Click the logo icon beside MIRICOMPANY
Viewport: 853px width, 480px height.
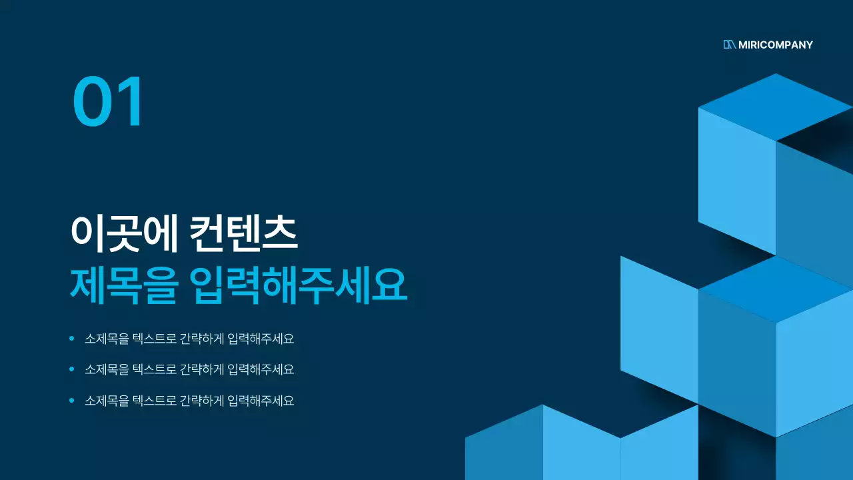729,45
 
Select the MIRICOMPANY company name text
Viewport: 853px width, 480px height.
776,45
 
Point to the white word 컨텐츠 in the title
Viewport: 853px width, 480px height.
243,233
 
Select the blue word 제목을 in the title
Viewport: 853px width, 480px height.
124,285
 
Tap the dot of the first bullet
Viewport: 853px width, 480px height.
72,339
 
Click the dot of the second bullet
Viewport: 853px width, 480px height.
72,369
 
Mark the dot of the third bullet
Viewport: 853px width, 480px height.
72,401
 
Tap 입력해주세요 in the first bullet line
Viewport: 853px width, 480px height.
261,339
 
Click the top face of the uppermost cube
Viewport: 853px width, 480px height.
776,107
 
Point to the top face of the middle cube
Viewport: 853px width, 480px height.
776,289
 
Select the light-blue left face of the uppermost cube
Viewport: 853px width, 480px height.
736,180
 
